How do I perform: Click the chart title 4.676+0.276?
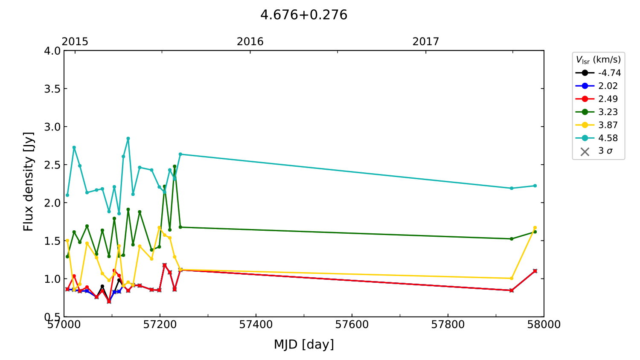[304, 15]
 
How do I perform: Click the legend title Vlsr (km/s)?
[598, 60]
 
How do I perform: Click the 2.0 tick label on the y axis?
[52, 203]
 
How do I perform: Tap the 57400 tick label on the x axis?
[256, 325]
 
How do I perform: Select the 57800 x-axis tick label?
[448, 325]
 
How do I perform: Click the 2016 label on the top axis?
[250, 41]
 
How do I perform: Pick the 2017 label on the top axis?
[425, 41]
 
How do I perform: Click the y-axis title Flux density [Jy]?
[28, 182]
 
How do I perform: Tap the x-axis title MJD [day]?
[304, 344]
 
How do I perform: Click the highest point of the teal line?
[128, 139]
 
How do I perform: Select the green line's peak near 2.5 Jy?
[175, 166]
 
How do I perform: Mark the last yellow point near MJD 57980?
[535, 228]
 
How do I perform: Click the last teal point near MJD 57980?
[535, 186]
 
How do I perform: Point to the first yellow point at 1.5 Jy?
[67, 241]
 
